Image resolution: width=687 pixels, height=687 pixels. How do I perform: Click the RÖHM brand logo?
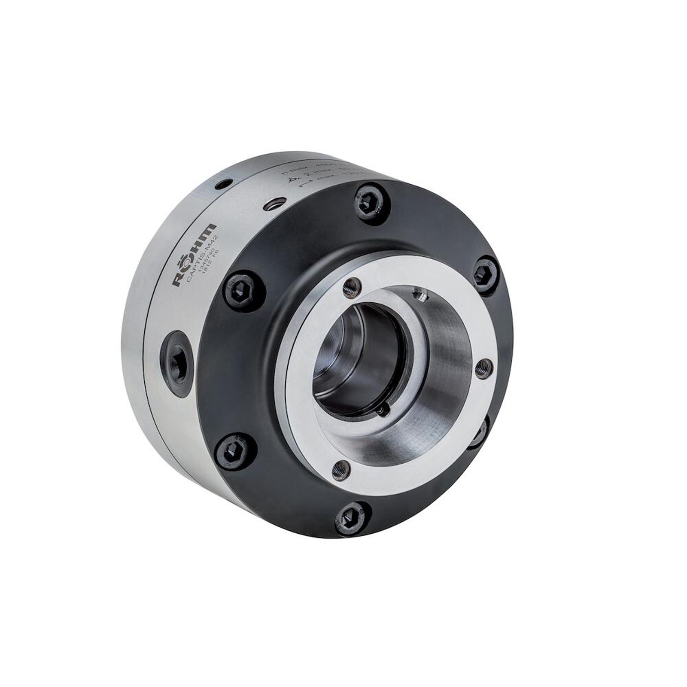click(195, 253)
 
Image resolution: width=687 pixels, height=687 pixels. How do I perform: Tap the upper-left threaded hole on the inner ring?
click(351, 288)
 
